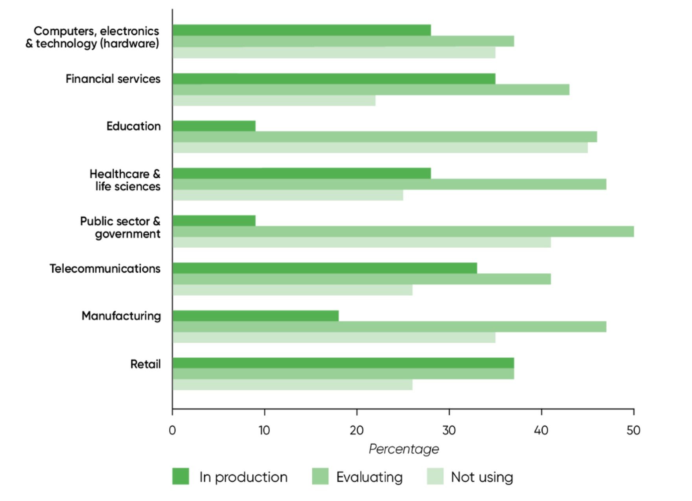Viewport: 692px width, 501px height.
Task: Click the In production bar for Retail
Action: point(343,363)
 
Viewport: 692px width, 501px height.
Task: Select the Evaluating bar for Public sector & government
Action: point(403,232)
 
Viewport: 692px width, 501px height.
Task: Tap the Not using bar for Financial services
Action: point(274,101)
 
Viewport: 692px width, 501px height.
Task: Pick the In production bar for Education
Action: point(214,126)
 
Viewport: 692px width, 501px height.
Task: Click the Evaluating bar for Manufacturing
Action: point(389,326)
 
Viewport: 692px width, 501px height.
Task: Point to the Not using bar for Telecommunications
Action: point(292,290)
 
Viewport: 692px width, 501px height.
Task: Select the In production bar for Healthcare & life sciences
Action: point(302,173)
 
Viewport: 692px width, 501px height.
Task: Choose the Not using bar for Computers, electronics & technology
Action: point(334,53)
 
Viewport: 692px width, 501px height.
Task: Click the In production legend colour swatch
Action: point(180,476)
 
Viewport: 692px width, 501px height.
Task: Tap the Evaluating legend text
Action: point(369,477)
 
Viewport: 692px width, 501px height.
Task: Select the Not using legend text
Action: point(482,477)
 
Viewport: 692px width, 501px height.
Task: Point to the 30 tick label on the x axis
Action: point(449,430)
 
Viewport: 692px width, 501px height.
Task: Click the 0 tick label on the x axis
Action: point(172,430)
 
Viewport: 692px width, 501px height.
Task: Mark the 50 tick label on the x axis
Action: point(633,430)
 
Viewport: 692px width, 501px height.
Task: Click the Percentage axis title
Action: point(403,449)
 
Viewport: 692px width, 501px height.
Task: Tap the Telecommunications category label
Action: point(105,269)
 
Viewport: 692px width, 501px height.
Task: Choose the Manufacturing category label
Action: point(121,316)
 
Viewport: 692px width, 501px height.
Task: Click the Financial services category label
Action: point(113,79)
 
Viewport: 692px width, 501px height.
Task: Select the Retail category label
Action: point(145,364)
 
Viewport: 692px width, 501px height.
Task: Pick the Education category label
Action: point(134,126)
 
